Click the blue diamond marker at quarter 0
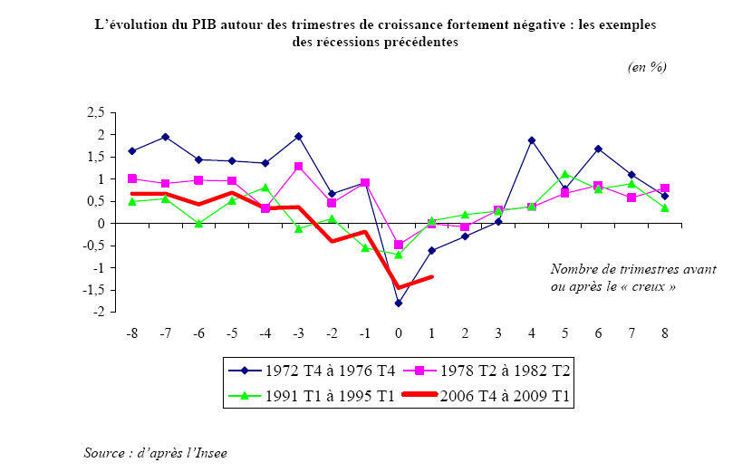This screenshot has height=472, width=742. click(398, 303)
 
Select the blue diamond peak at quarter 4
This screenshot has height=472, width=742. click(531, 140)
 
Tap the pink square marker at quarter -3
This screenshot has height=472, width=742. click(298, 167)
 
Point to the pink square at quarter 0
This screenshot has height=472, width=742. click(398, 245)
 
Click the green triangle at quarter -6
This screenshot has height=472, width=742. click(198, 223)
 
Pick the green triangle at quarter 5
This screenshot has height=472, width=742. click(564, 174)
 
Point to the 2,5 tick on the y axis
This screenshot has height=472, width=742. click(95, 112)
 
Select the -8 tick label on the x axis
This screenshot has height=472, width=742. click(131, 333)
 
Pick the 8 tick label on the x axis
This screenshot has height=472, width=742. click(665, 333)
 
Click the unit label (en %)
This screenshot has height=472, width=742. click(647, 68)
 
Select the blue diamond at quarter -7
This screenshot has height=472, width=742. click(166, 137)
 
